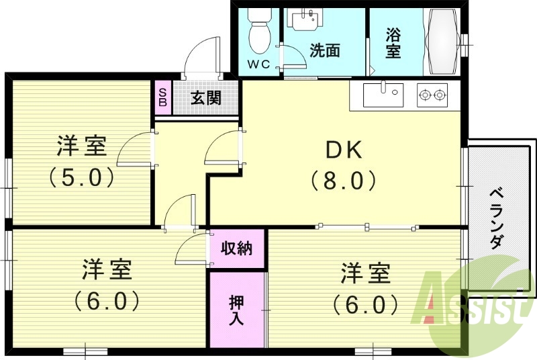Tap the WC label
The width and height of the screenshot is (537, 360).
[258, 64]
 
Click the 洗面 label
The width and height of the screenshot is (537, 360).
[325, 50]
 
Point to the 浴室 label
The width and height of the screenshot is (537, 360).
[393, 42]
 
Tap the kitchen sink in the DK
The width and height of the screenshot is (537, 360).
[383, 95]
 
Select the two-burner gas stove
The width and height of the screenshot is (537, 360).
[432, 95]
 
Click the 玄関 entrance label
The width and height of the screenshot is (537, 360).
[206, 98]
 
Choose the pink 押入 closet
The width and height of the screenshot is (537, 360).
[236, 309]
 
